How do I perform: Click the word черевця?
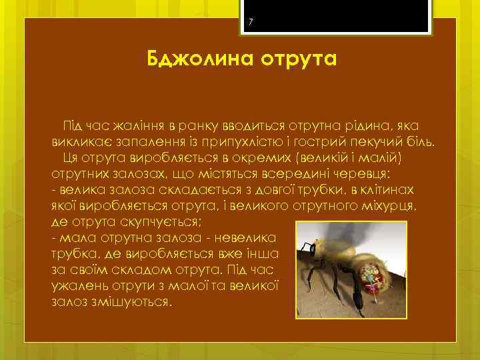pyautogui.click(x=372, y=174)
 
